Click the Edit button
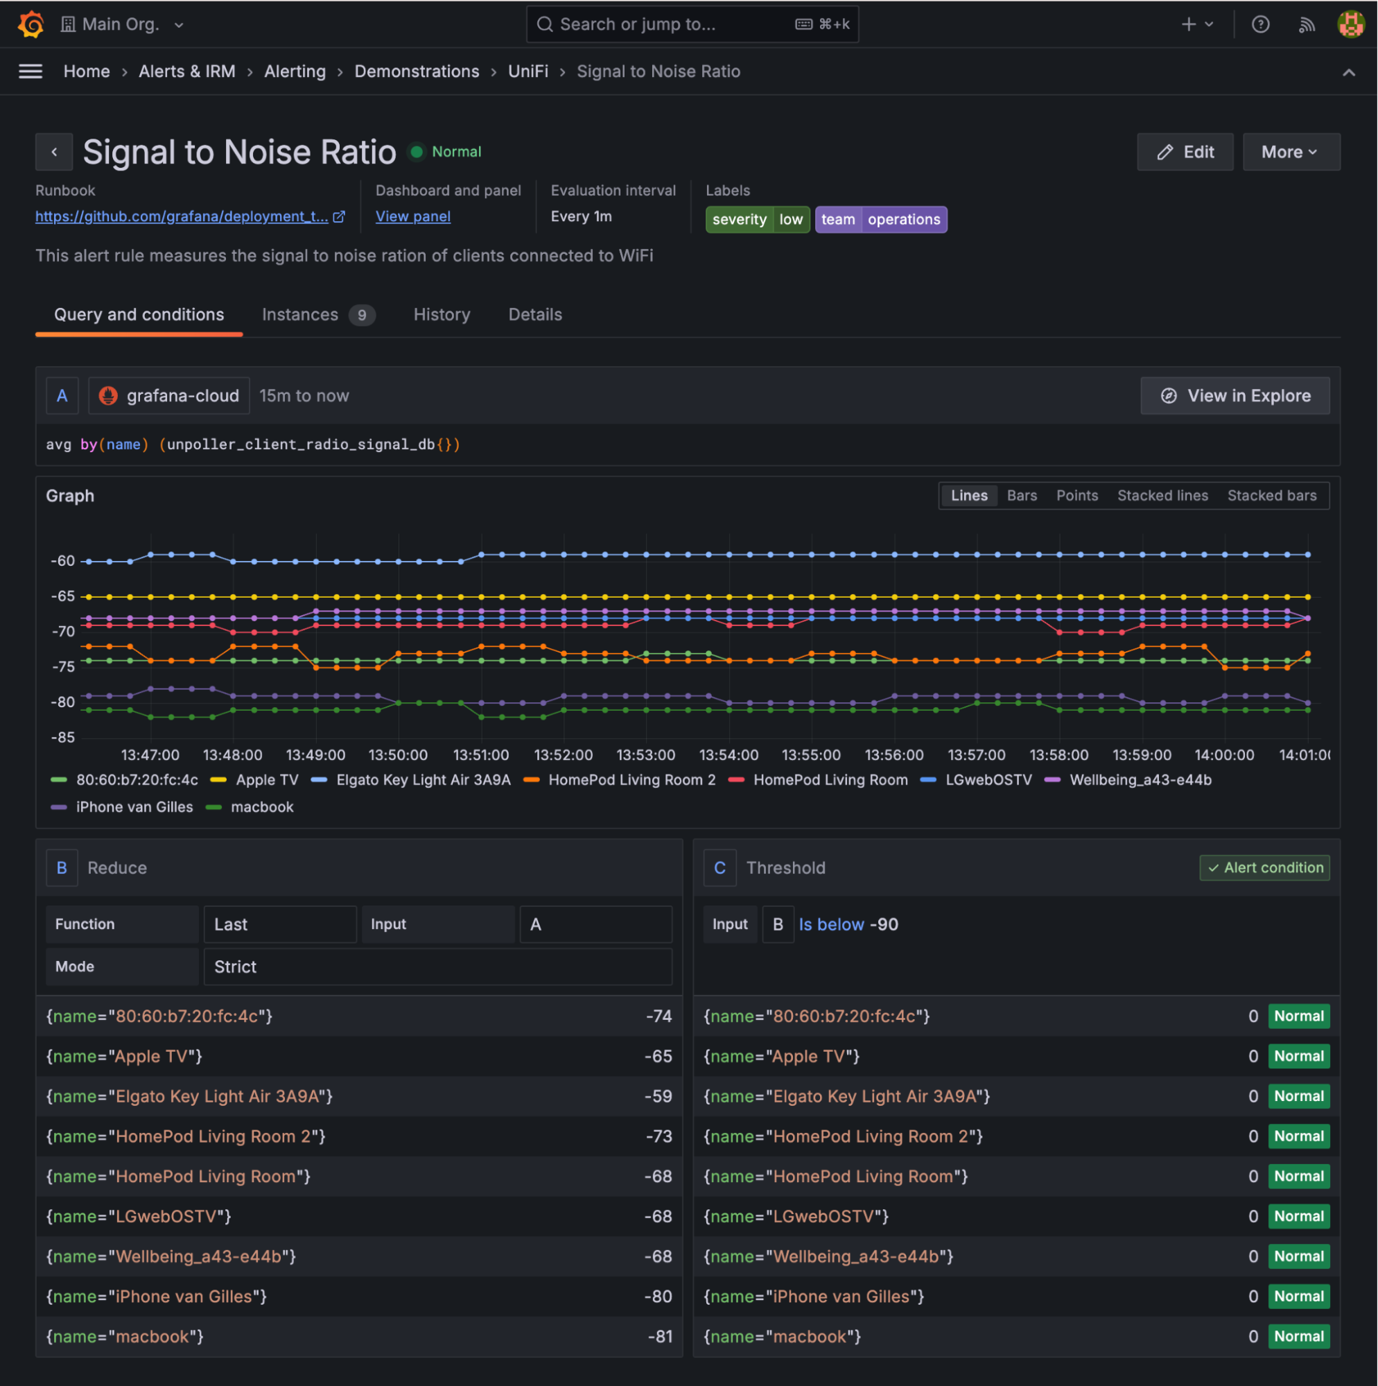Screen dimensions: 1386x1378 pyautogui.click(x=1185, y=152)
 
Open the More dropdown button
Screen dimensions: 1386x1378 pyautogui.click(x=1291, y=152)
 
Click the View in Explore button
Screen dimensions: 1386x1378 pyautogui.click(x=1235, y=396)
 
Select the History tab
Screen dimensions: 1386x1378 pyautogui.click(x=442, y=315)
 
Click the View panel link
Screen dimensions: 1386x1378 pyautogui.click(x=413, y=216)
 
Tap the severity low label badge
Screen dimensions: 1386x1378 pyautogui.click(x=757, y=220)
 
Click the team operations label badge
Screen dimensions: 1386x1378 pyautogui.click(x=880, y=220)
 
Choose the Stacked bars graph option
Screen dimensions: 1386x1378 pyautogui.click(x=1271, y=496)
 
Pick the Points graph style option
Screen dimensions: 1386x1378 pyautogui.click(x=1076, y=496)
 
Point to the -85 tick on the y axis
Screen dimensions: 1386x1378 pyautogui.click(x=62, y=738)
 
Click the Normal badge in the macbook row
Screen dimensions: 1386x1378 pyautogui.click(x=1298, y=1337)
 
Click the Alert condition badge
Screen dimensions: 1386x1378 pyautogui.click(x=1264, y=868)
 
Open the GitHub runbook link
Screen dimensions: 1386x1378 pyautogui.click(x=182, y=216)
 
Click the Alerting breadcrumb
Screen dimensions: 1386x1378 pyautogui.click(x=295, y=71)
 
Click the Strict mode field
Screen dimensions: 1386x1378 pyautogui.click(x=437, y=967)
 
